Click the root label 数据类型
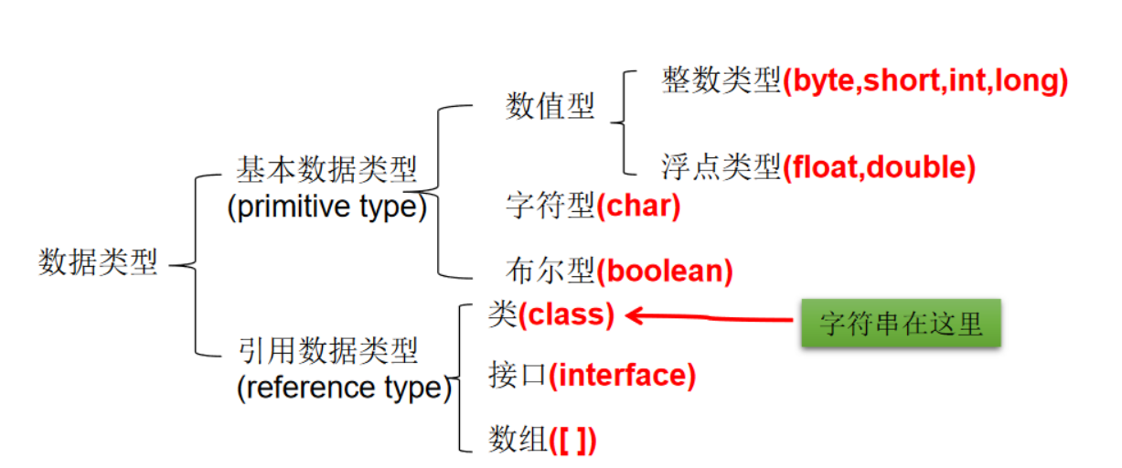tap(98, 262)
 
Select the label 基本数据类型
tap(326, 170)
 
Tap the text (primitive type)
tap(326, 207)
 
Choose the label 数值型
tap(550, 107)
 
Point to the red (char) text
tap(638, 206)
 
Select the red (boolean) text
tap(665, 271)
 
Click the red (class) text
tap(566, 315)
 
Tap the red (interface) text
tap(622, 376)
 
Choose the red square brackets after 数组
tap(573, 441)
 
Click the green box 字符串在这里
tap(901, 324)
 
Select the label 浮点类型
tap(721, 167)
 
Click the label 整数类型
tap(721, 82)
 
